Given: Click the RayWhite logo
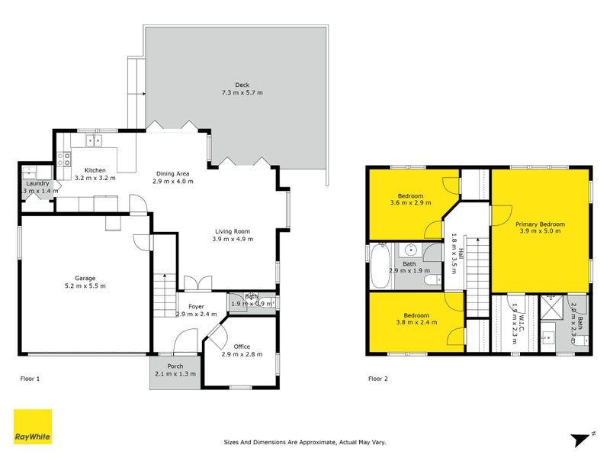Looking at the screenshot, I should pos(33,427).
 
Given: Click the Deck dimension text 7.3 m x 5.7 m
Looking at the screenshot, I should pos(242,92).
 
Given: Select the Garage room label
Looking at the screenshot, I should pos(85,279).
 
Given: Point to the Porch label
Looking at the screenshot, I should pos(175,366).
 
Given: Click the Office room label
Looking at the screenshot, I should pos(242,347).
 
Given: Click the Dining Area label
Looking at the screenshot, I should pos(174,173).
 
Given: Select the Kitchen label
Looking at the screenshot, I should pos(95,169).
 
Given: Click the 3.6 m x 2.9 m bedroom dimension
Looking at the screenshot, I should pos(410,203).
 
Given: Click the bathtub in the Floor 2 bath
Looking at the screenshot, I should pos(379,266).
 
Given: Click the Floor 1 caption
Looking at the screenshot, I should pos(29,379).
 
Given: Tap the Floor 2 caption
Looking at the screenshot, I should pos(378,379).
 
